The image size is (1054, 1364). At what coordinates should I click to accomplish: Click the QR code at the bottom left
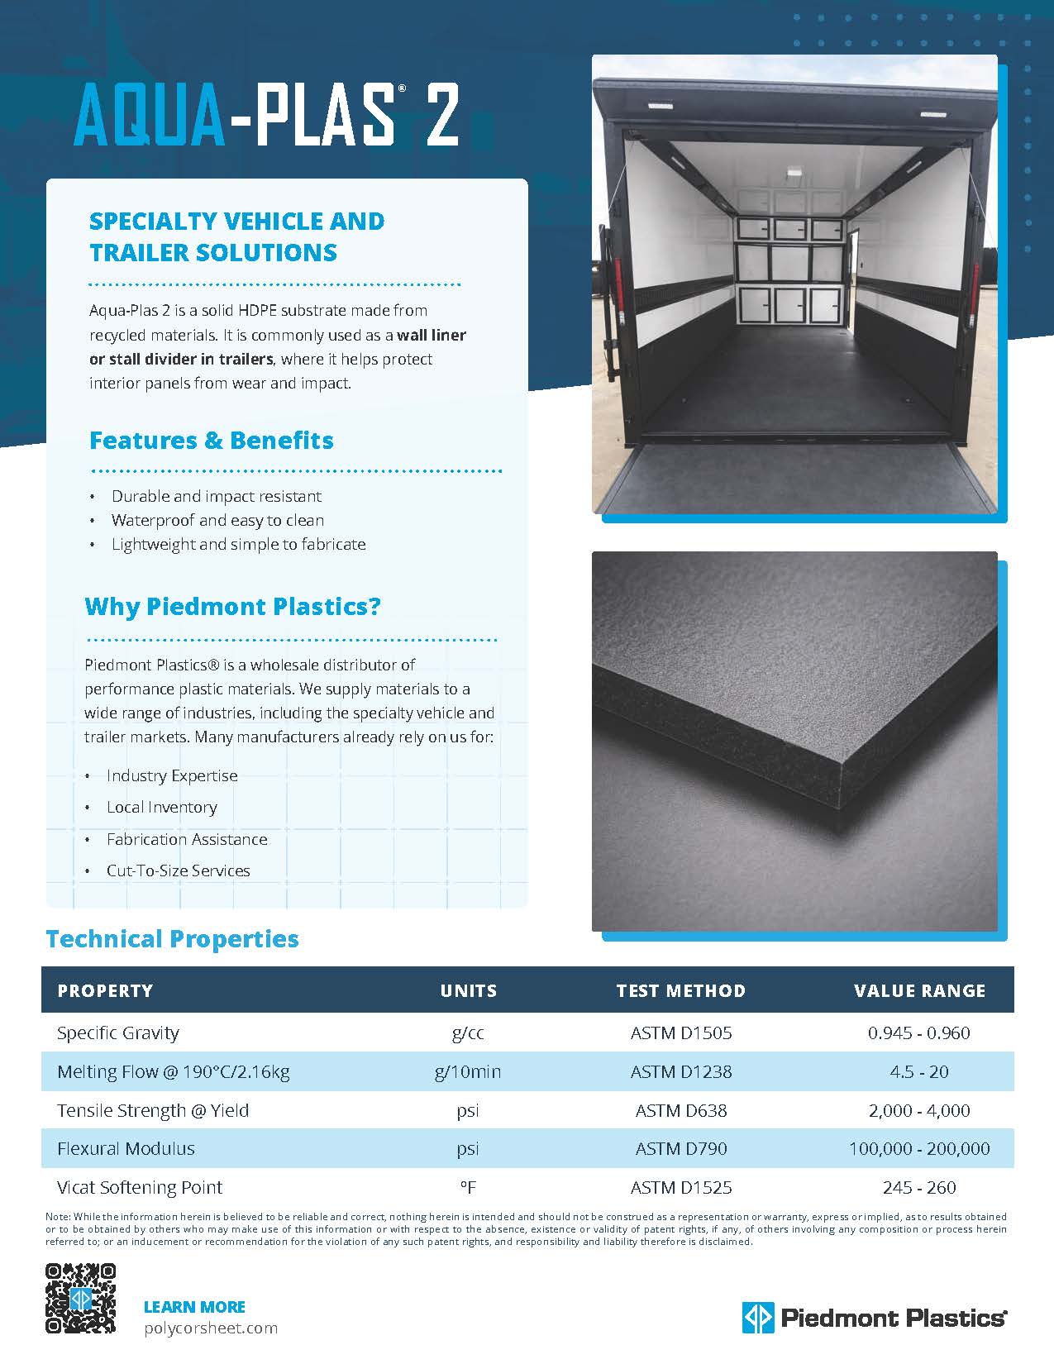pos(80,1298)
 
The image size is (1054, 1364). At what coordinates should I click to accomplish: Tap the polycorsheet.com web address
pos(210,1328)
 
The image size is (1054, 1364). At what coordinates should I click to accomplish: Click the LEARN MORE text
pos(194,1307)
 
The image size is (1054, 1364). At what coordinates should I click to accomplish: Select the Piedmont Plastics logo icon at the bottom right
pos(757,1317)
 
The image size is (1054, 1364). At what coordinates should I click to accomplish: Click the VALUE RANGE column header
pos(919,990)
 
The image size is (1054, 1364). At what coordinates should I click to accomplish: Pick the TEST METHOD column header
pos(680,990)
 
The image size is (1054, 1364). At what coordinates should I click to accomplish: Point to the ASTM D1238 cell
pos(680,1071)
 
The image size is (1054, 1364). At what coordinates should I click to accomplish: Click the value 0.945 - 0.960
pos(918,1033)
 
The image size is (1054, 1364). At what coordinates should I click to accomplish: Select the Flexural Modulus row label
pos(126,1148)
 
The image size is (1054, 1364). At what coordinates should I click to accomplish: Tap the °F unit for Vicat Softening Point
pos(468,1188)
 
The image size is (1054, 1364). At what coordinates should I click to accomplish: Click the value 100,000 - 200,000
pos(918,1148)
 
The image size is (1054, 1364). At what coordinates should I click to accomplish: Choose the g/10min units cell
pos(468,1071)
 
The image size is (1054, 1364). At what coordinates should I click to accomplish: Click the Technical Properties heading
pos(172,939)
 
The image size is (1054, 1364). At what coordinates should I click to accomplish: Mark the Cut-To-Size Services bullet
pos(178,870)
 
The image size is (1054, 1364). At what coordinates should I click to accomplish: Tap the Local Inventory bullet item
pos(161,807)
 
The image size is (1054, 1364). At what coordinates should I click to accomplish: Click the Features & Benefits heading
pos(211,440)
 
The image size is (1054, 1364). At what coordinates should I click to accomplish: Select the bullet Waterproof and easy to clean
pos(217,520)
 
